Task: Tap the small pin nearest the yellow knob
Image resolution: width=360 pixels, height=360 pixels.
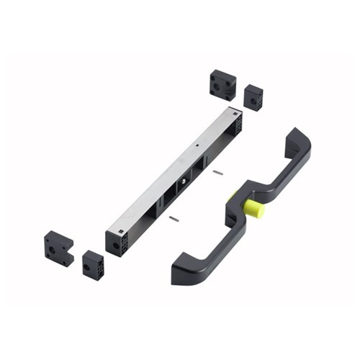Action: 218,172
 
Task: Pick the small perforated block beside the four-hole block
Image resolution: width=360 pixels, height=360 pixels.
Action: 253,97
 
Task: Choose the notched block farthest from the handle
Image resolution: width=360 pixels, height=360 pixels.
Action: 58,248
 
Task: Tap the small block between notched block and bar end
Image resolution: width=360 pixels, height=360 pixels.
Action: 93,264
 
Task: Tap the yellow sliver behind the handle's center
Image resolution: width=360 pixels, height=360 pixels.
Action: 230,195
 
